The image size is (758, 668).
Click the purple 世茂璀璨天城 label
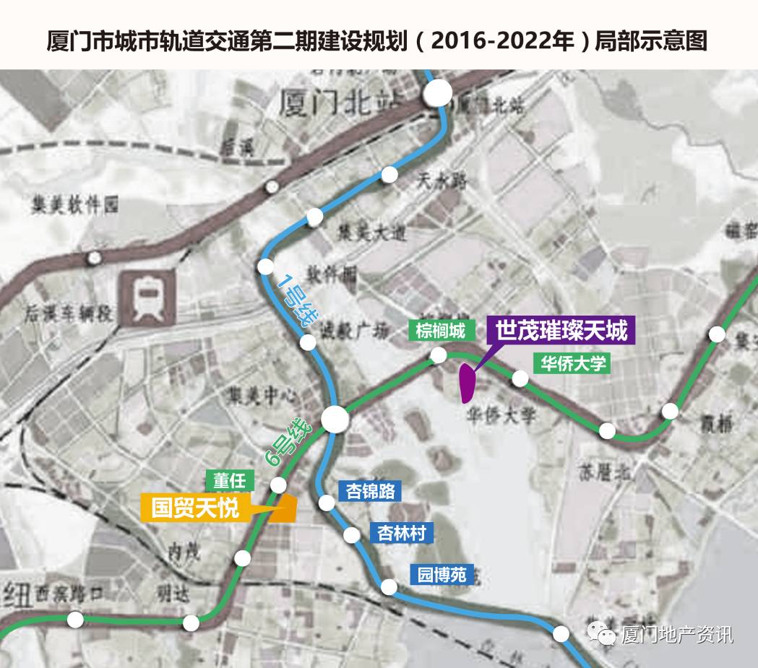561,331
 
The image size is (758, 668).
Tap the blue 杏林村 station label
402,533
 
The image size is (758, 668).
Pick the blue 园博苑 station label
442,575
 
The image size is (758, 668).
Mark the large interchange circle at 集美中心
335,419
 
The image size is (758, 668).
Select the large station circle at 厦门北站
438,93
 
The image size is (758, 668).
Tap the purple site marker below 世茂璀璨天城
468,383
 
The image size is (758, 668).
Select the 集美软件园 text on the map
74,206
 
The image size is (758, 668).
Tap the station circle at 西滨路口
75,620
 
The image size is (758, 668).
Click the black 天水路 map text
439,182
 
